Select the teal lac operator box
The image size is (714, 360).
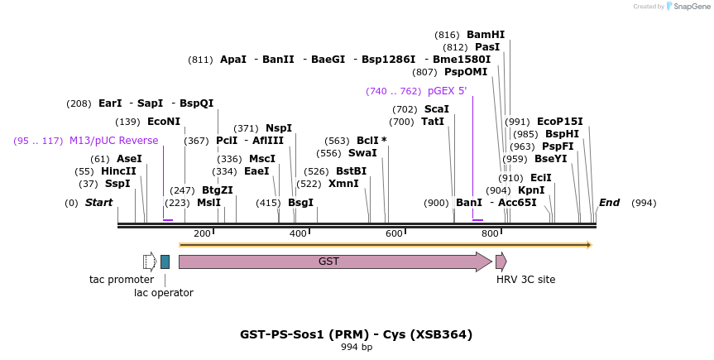pos(165,262)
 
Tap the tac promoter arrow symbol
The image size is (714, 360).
pos(149,262)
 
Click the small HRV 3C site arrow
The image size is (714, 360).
pos(501,262)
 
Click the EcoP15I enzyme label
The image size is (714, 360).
pos(559,121)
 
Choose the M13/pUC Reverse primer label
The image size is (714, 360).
pos(113,141)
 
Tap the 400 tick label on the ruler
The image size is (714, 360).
pos(298,233)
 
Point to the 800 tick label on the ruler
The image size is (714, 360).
pos(490,233)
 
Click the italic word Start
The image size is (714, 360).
pos(98,203)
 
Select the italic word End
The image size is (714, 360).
pos(609,203)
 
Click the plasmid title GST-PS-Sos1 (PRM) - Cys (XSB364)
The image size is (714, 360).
pos(357,334)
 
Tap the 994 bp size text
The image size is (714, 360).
pos(357,347)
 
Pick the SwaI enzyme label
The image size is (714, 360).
pos(362,153)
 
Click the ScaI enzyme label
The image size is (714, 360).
pos(436,109)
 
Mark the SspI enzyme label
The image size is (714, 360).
pos(117,184)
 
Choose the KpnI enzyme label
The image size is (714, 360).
pos(531,190)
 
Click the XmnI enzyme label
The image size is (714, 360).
pos(343,184)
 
